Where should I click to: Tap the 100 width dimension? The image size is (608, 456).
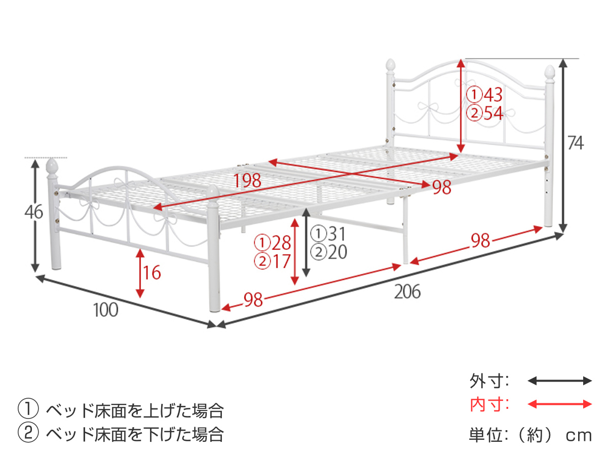pyautogui.click(x=105, y=310)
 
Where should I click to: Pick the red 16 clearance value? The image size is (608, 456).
pyautogui.click(x=151, y=273)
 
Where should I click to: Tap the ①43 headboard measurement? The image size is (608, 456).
pyautogui.click(x=484, y=94)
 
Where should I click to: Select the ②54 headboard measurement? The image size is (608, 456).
pyautogui.click(x=484, y=113)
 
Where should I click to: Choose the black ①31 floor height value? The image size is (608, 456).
pyautogui.click(x=329, y=234)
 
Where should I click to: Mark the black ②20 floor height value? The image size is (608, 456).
pyautogui.click(x=329, y=252)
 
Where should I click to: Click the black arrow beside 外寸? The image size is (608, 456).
pyautogui.click(x=559, y=381)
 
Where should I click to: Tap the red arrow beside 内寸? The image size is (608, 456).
pyautogui.click(x=559, y=404)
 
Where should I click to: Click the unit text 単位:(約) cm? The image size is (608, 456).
pyautogui.click(x=530, y=434)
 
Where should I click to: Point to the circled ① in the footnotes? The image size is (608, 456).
pyautogui.click(x=28, y=409)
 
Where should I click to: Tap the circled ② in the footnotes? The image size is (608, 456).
pyautogui.click(x=28, y=434)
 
